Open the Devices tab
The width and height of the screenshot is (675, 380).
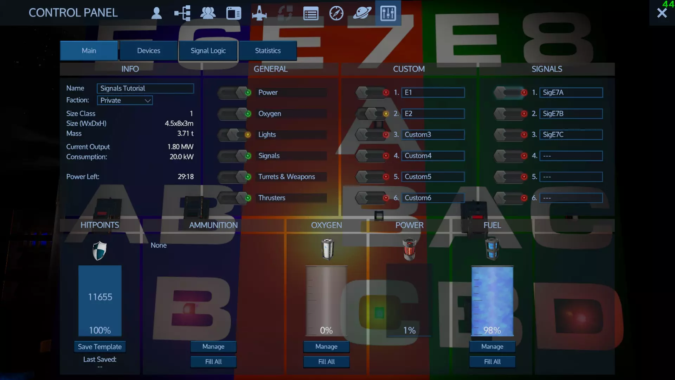tap(148, 51)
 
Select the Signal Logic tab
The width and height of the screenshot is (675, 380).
tap(208, 51)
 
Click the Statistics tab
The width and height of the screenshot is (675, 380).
tap(268, 51)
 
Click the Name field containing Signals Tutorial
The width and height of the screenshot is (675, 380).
tap(145, 88)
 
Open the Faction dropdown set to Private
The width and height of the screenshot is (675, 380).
tap(125, 100)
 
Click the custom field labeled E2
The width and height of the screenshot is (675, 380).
tap(433, 114)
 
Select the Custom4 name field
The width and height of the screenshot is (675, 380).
tap(433, 156)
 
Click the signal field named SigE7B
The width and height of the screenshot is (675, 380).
tap(571, 114)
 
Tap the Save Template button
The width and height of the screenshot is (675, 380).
tap(100, 347)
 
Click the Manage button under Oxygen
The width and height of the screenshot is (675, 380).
tap(326, 347)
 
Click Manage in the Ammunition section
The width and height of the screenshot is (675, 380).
tap(213, 347)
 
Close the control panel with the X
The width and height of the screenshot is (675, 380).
tap(662, 13)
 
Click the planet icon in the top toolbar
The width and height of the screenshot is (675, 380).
tap(362, 13)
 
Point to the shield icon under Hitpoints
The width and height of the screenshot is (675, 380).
tap(99, 251)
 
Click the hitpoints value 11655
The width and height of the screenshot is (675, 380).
tap(100, 297)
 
